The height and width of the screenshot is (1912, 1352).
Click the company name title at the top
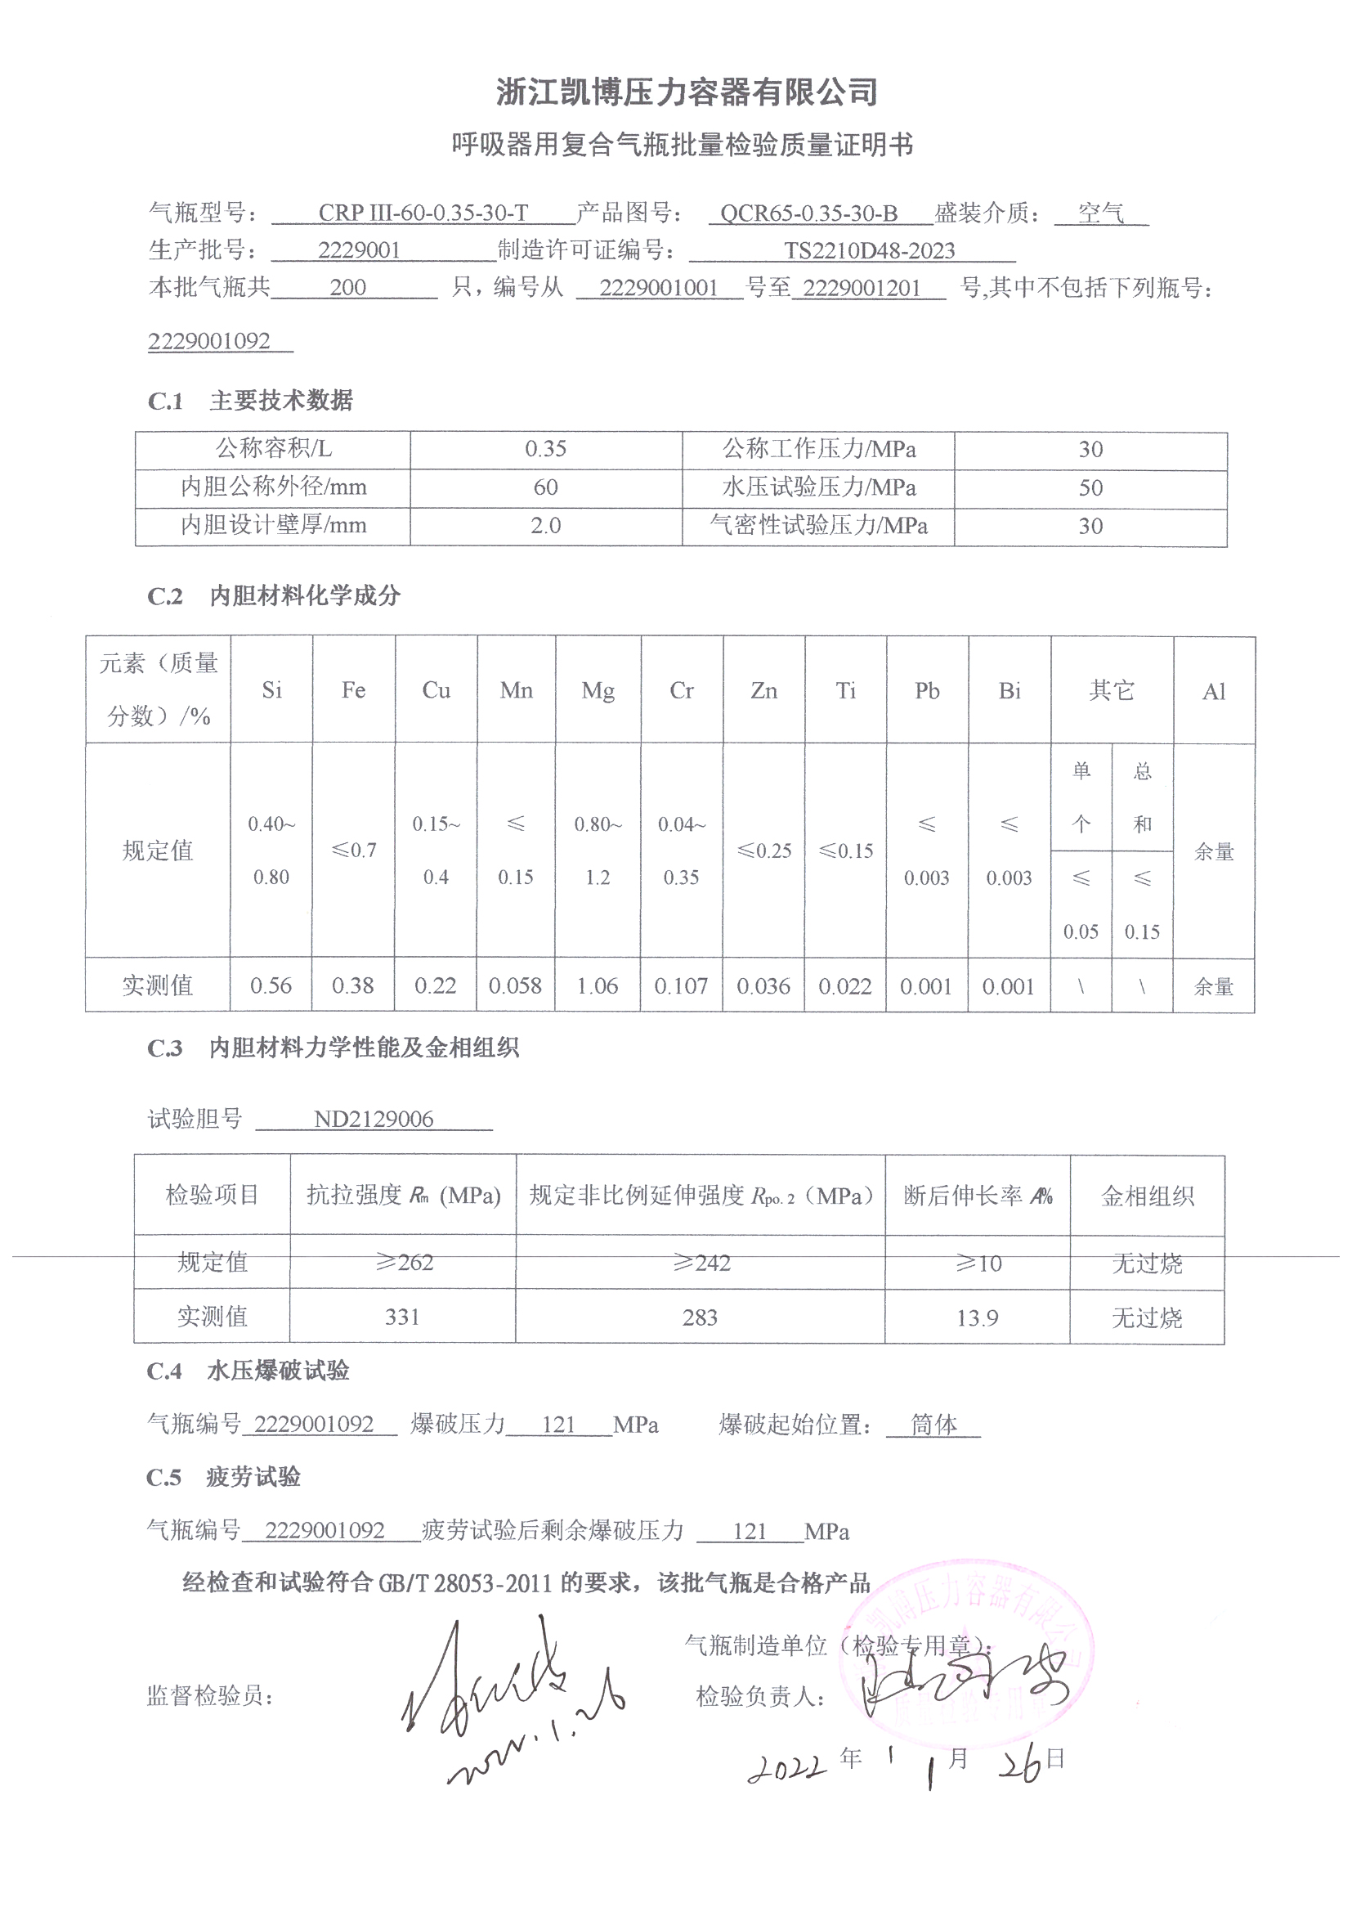tap(687, 92)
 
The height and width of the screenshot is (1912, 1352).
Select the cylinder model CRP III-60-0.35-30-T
tap(423, 213)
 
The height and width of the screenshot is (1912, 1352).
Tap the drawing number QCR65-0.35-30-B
tap(808, 214)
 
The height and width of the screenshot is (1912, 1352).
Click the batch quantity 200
tap(348, 287)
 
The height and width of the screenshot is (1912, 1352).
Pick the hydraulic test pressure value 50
tap(1090, 488)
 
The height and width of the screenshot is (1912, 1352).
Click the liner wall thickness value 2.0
tap(545, 526)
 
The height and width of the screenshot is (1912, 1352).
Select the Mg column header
tap(598, 690)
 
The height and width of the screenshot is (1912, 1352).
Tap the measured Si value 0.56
tap(271, 986)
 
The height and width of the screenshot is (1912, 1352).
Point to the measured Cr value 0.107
tap(681, 986)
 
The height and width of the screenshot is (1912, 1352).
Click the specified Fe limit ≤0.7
tap(354, 851)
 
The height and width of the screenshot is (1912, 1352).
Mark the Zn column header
tap(763, 690)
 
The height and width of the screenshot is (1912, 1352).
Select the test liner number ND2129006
tap(374, 1120)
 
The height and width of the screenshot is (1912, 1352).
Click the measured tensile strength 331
tap(402, 1317)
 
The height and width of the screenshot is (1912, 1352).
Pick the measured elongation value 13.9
tap(977, 1317)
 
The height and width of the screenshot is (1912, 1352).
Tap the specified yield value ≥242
tap(701, 1263)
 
